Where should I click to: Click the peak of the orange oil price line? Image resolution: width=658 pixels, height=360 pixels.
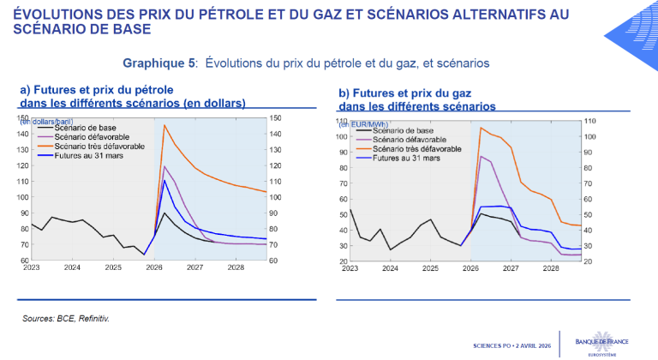click(164, 126)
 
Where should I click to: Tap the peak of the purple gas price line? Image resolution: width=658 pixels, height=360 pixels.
click(482, 156)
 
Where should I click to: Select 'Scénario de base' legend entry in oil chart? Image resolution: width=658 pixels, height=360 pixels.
click(84, 128)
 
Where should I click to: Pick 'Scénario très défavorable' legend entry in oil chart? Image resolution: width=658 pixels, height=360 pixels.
click(97, 147)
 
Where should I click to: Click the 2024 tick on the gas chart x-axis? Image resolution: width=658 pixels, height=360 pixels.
click(391, 268)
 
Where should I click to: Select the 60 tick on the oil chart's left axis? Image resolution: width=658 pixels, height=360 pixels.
click(24, 260)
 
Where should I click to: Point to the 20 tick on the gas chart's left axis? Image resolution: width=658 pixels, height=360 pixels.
click(343, 261)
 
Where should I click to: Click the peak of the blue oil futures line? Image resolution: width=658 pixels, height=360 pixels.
click(164, 180)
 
